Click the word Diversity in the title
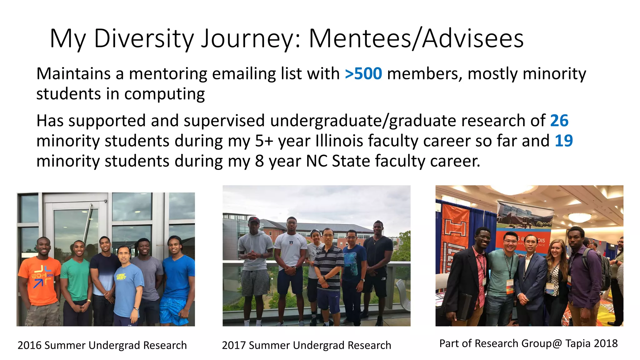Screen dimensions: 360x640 144,39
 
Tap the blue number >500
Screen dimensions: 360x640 363,74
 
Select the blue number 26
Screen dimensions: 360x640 559,121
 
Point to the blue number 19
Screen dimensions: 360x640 563,141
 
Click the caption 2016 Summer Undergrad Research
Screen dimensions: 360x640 102,345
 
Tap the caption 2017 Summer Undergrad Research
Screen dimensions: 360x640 306,345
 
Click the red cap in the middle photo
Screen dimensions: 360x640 254,220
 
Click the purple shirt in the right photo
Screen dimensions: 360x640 584,275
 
